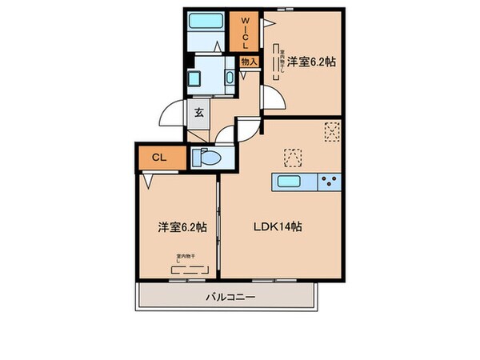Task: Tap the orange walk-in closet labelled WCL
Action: point(242,32)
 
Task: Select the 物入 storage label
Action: point(249,62)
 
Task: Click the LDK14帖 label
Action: point(278,227)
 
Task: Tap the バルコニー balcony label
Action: point(230,297)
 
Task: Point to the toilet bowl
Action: point(209,158)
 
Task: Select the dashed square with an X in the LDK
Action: point(332,130)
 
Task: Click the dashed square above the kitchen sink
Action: point(294,155)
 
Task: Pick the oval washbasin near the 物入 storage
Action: point(230,78)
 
